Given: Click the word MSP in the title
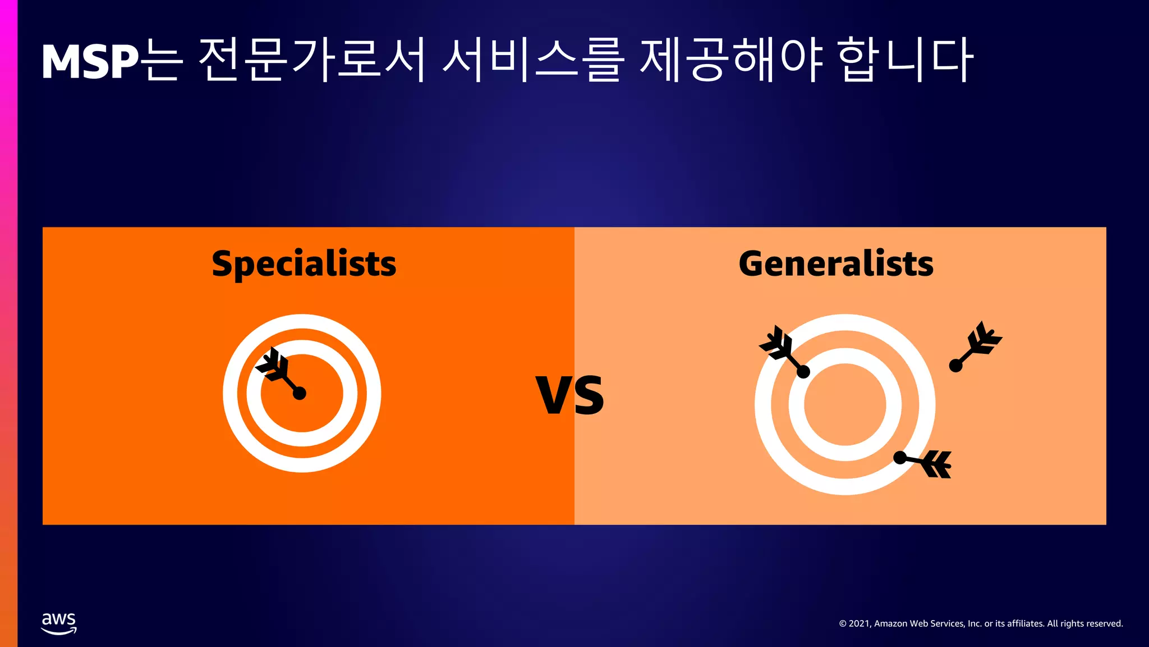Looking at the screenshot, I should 90,62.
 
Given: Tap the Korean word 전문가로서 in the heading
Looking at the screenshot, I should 311,61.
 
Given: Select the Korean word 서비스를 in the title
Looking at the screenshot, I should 533,61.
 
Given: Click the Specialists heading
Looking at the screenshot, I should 304,264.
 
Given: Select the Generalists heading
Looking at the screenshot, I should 836,264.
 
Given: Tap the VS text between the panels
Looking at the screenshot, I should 570,395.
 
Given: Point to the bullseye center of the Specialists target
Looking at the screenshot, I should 302,393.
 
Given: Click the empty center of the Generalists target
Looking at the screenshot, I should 845,404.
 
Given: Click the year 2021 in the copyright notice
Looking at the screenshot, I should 858,624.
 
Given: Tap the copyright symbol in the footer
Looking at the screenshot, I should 843,624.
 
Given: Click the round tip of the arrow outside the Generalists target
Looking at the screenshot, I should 955,366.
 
